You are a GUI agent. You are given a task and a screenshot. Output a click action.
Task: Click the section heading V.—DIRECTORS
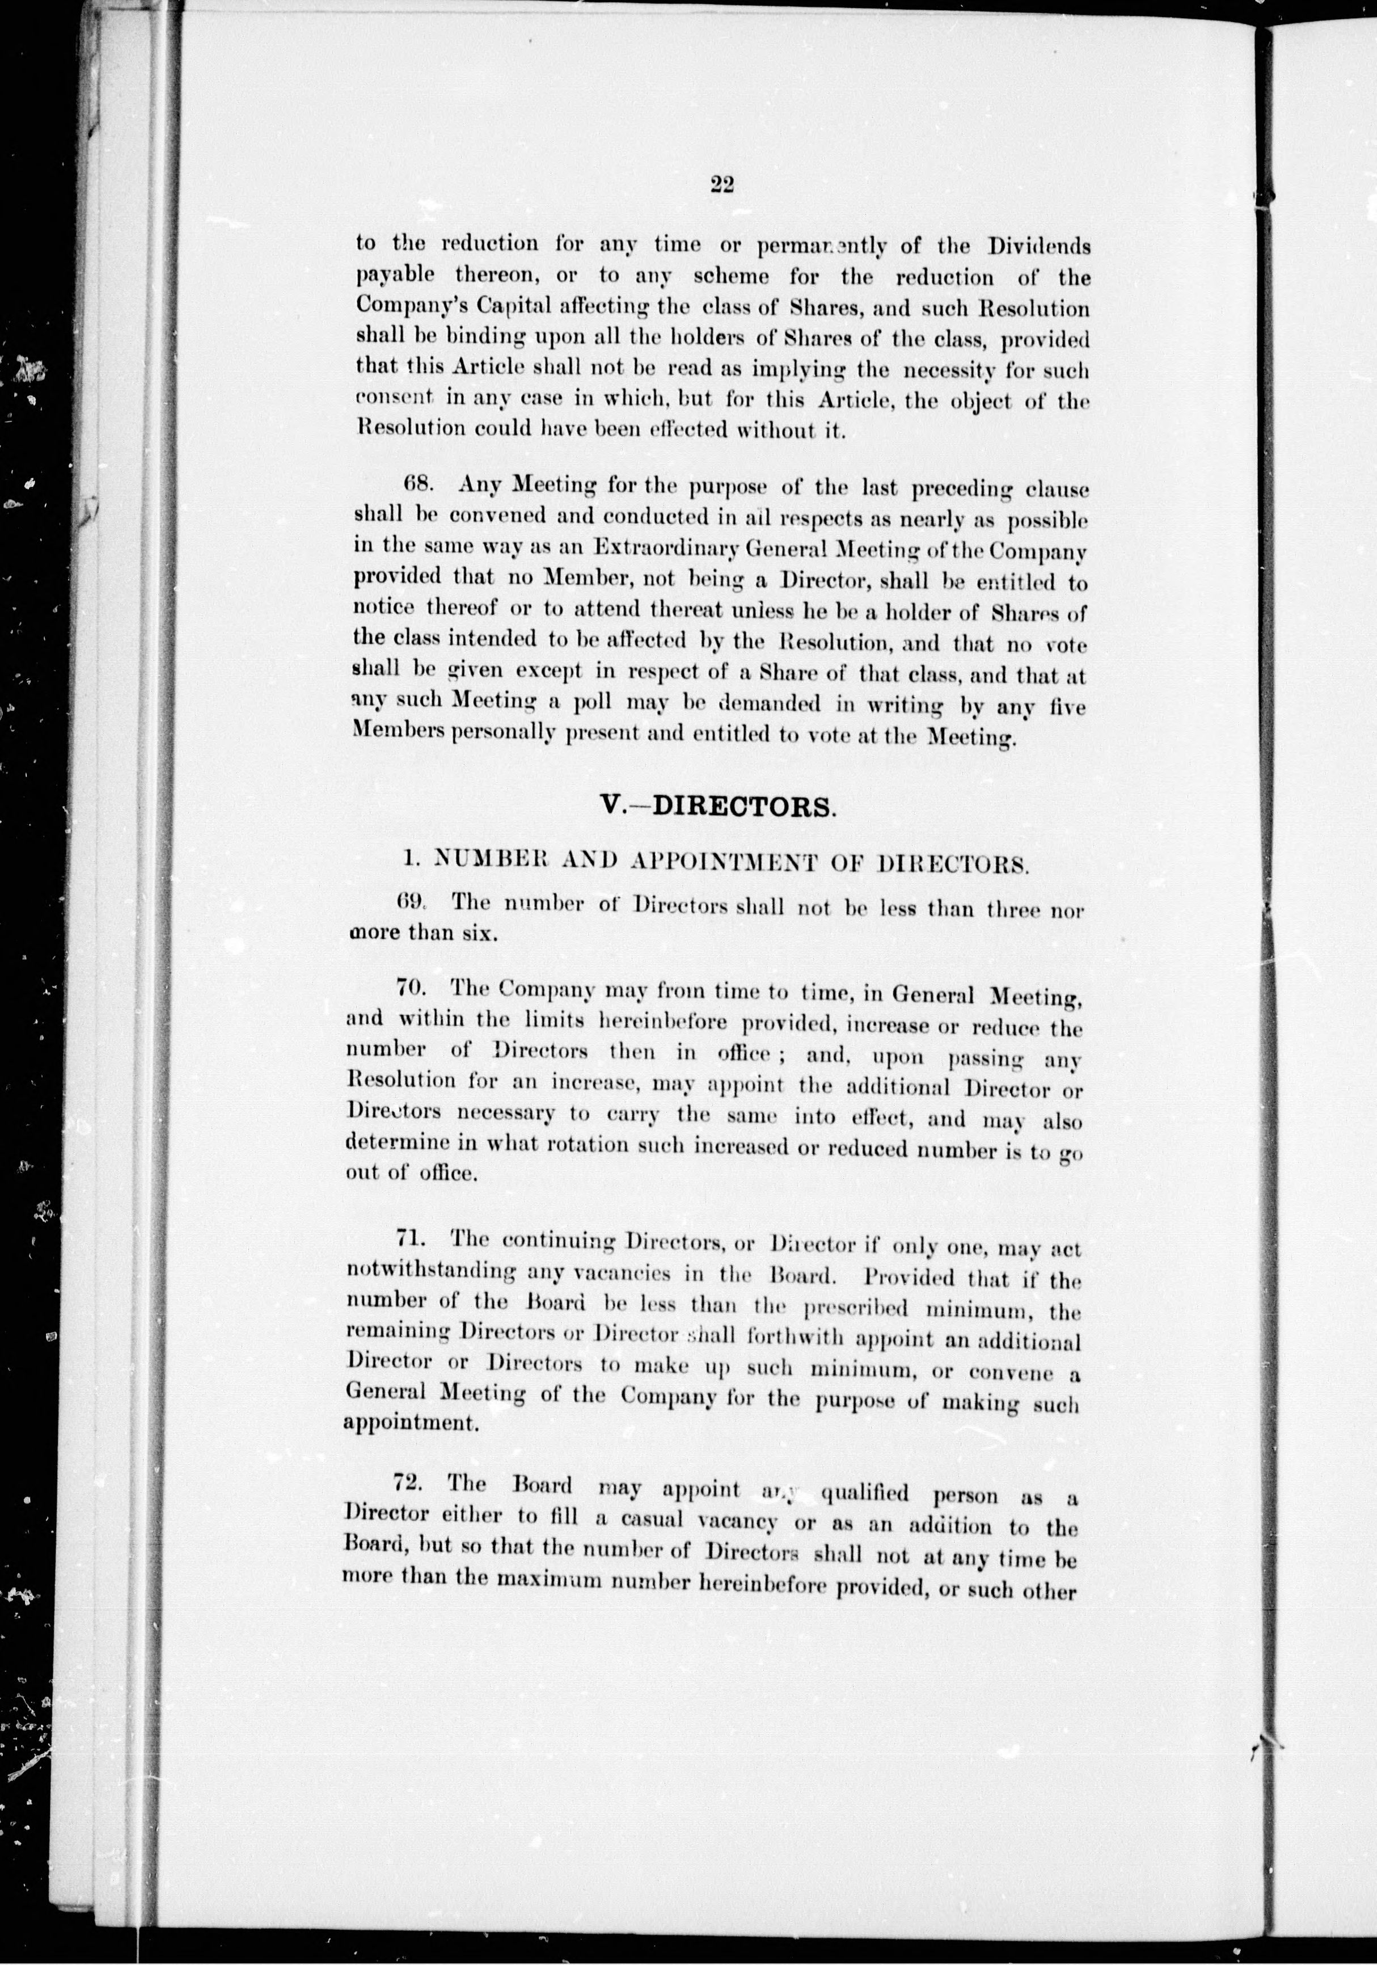tap(717, 807)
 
